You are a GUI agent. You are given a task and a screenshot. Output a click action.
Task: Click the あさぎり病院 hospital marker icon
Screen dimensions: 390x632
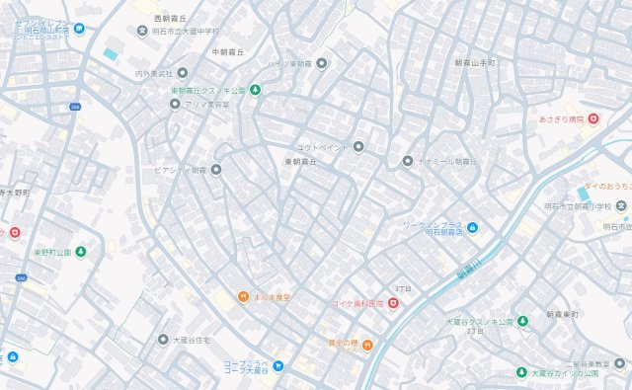tap(592, 119)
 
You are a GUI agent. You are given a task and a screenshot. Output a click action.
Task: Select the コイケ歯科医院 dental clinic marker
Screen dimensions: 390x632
tap(393, 303)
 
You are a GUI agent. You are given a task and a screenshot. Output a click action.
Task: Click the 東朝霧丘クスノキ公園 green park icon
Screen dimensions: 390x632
tap(255, 91)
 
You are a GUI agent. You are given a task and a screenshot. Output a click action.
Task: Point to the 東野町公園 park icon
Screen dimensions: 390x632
tap(80, 252)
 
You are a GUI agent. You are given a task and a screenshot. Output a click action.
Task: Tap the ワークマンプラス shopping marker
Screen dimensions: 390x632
tap(472, 230)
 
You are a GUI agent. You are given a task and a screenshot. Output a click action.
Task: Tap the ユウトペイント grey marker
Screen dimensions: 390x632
tap(358, 147)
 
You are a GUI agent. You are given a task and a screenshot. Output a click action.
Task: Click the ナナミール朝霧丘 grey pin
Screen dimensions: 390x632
tap(407, 160)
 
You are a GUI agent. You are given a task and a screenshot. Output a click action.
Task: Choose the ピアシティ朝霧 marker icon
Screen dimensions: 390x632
tap(216, 170)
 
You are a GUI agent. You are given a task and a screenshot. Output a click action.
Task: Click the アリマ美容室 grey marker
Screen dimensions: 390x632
tap(175, 104)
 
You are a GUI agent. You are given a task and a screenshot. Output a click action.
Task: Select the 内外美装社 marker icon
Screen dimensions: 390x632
tap(182, 73)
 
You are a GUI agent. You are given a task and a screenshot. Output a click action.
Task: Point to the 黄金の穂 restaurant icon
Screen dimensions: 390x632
tap(366, 345)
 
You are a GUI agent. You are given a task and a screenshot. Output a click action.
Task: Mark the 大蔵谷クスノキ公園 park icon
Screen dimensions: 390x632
tap(521, 321)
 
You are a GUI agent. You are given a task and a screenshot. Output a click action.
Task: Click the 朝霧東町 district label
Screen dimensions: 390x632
tap(565, 314)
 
